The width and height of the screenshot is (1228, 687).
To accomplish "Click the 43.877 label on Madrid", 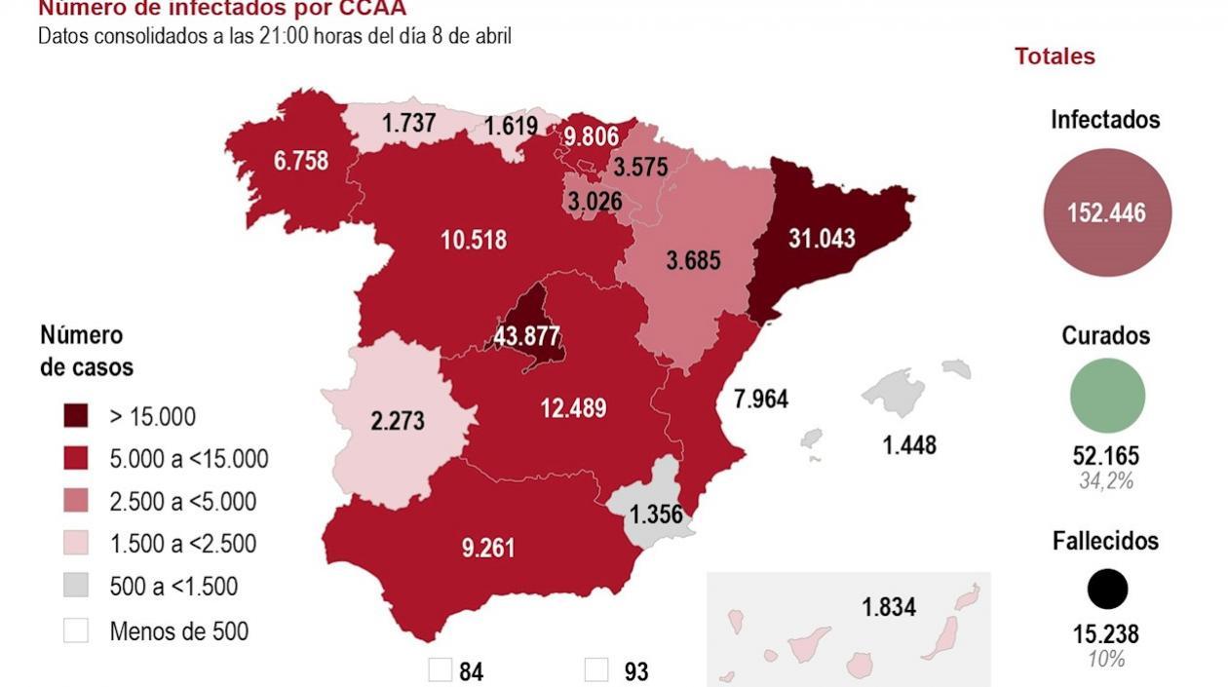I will coord(527,337).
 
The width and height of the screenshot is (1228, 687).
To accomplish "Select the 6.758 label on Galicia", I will coord(300,161).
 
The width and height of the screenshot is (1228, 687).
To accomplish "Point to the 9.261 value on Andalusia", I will coord(488,548).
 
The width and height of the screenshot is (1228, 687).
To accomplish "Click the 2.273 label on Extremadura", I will coord(397,422).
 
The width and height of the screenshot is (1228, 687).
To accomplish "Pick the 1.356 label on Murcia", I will coord(656,515).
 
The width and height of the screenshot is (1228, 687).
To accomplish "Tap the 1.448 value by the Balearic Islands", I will coord(909,445).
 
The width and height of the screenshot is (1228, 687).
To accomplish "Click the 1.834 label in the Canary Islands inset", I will coord(888,607).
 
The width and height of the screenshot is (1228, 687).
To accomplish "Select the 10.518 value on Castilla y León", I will coord(474,240).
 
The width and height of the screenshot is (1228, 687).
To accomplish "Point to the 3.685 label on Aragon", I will coord(693,261).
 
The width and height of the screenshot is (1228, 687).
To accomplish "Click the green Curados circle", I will coord(1107,396).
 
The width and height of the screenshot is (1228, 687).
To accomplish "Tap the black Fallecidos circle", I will coord(1107,590).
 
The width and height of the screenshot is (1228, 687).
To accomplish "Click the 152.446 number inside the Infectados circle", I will coord(1106,213).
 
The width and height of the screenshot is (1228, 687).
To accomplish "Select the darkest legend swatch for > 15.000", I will coord(76,417).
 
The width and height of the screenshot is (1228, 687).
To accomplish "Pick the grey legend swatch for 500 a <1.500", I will coord(76,586).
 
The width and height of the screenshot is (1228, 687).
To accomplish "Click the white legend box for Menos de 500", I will coord(76,630).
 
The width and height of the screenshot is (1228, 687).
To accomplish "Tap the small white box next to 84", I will coord(441,670).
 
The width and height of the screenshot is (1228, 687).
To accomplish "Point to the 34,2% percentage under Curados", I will coord(1106,480).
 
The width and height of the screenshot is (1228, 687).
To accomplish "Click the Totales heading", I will coord(1055,57).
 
